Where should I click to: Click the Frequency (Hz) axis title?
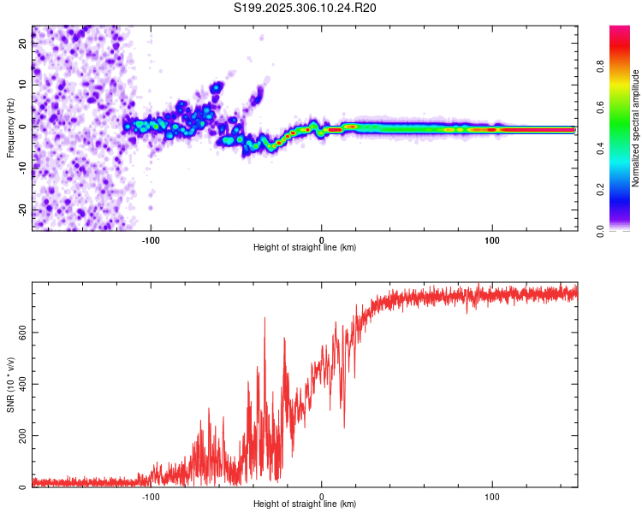point(10,127)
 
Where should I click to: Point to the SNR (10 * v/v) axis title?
point(10,386)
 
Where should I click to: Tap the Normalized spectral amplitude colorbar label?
point(636,127)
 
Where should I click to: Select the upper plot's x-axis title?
point(305,248)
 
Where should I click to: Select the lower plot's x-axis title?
point(305,504)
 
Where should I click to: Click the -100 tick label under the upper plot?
point(152,239)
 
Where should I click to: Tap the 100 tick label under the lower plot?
point(492,496)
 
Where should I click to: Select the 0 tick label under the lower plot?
point(322,496)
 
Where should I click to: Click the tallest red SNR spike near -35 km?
point(265,319)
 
